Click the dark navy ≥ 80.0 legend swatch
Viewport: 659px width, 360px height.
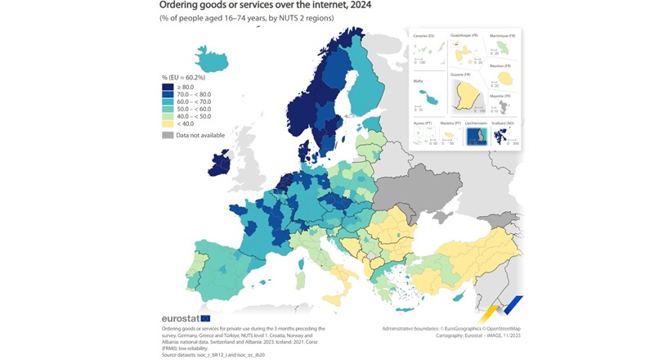tap(168, 86)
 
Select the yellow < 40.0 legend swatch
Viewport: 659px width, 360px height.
tap(168, 124)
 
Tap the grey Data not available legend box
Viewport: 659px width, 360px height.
tap(168, 134)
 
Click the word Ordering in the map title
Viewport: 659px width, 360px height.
tap(183, 7)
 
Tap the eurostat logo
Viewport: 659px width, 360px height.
tap(181, 317)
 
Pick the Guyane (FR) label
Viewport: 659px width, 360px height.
tap(463, 74)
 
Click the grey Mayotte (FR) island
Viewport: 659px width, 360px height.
tap(500, 106)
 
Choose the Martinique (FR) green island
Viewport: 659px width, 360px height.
tap(500, 47)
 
